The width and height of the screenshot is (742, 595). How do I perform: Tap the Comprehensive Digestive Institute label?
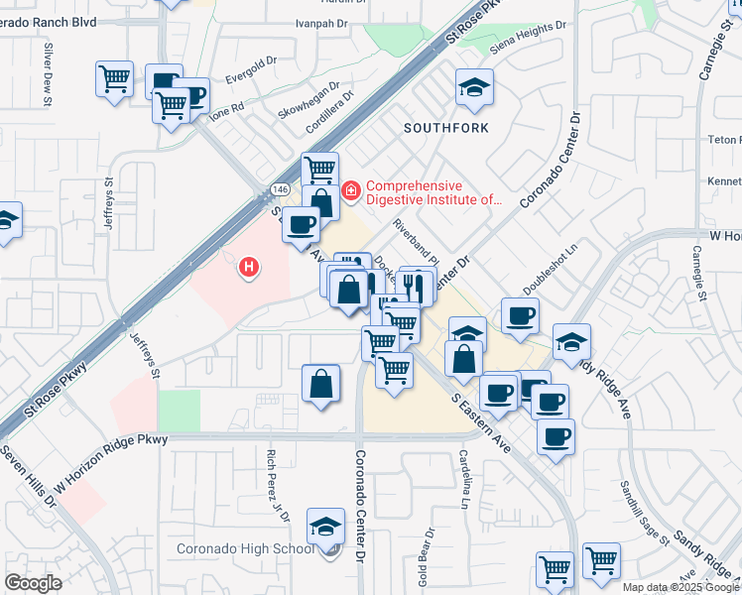click(x=434, y=192)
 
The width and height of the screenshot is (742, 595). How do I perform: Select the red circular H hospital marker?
click(x=250, y=266)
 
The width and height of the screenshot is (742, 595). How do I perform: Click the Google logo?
click(x=33, y=583)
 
